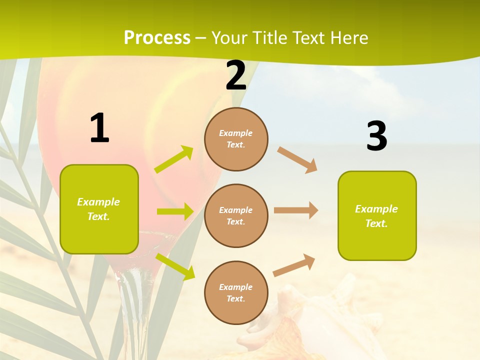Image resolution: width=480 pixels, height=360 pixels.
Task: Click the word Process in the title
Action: (157, 38)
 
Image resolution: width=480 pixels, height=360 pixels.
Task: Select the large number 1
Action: (99, 128)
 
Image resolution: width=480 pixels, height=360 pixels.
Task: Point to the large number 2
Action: (236, 75)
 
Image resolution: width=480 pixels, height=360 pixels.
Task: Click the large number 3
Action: (376, 136)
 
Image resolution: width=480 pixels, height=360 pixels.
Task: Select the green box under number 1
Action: (99, 209)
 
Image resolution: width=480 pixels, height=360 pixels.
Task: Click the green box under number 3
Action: (377, 216)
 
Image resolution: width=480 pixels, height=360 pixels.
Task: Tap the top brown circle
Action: (236, 139)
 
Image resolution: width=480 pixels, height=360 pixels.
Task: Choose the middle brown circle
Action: (236, 216)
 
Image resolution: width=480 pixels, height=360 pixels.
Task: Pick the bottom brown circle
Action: (236, 293)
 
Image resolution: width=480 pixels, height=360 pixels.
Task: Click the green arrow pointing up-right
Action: (174, 159)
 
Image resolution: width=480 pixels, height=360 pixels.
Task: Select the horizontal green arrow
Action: (175, 211)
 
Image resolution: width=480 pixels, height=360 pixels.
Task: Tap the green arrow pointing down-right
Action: (175, 266)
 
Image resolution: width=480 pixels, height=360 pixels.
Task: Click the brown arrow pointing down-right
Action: (297, 159)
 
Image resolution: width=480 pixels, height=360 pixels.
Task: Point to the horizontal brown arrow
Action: (296, 210)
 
